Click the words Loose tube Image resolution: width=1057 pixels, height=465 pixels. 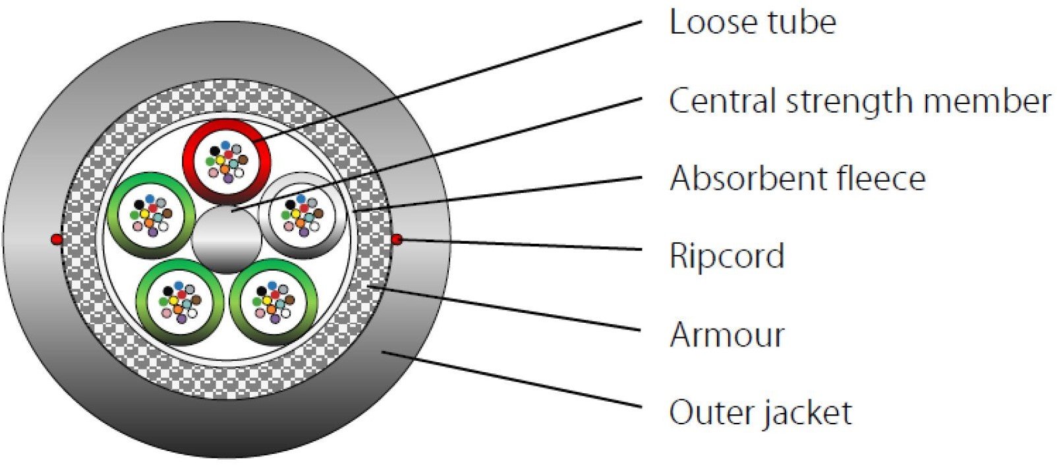tap(753, 22)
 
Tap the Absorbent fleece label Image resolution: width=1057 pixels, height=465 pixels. tap(797, 178)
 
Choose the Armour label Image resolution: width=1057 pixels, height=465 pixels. tap(727, 335)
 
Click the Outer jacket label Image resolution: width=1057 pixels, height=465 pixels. tap(760, 413)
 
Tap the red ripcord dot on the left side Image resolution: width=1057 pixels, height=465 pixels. tap(56, 240)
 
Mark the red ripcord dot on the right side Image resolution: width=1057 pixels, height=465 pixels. tap(397, 240)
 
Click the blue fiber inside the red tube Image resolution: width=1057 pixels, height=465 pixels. tap(225, 145)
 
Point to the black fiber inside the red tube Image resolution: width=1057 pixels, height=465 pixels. tap(215, 150)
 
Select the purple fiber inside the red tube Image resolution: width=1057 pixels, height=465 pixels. tap(228, 178)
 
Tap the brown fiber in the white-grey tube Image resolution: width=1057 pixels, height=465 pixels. tap(318, 213)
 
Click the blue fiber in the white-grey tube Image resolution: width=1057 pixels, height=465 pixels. tap(300, 198)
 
